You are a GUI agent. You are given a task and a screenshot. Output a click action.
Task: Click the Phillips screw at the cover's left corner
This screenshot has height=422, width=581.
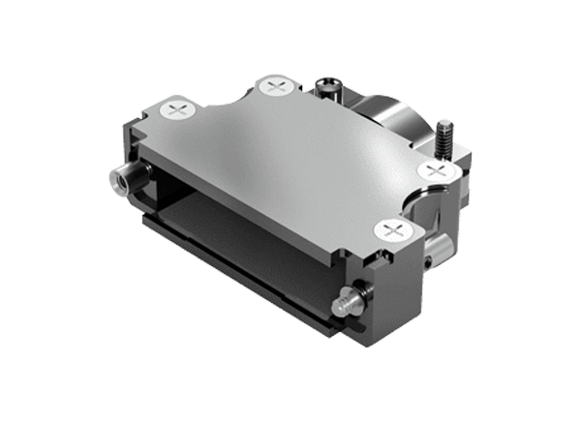[178, 110]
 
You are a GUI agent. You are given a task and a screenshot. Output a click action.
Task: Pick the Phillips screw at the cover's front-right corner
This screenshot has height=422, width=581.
[393, 230]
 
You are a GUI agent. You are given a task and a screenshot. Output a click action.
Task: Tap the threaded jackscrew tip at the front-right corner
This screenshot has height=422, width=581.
[342, 306]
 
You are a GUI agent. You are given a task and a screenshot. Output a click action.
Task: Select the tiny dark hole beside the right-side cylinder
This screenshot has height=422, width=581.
[427, 260]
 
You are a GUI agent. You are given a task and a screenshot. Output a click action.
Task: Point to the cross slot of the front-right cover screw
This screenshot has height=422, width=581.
[393, 230]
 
